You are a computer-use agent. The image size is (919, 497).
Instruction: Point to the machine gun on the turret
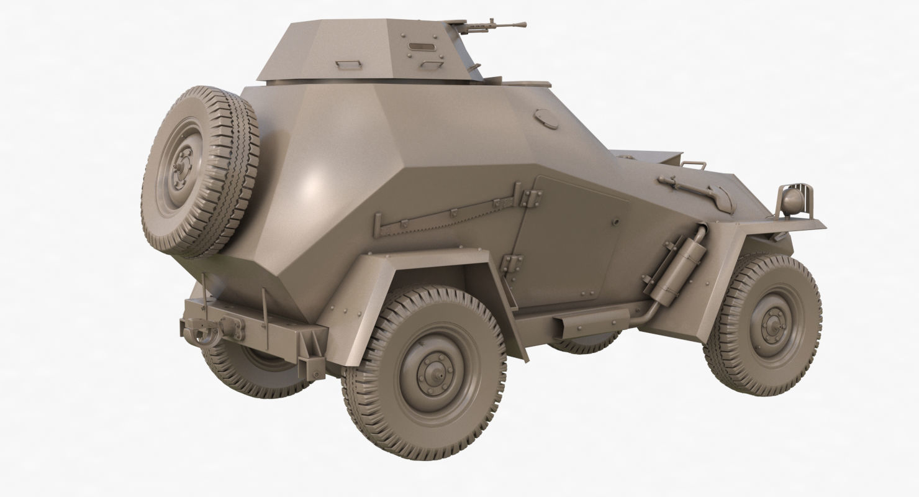[497, 27]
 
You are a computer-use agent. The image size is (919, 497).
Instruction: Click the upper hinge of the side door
[531, 198]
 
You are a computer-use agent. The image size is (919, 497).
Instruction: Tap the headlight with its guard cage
[792, 199]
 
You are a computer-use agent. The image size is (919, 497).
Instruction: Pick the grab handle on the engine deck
[694, 165]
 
